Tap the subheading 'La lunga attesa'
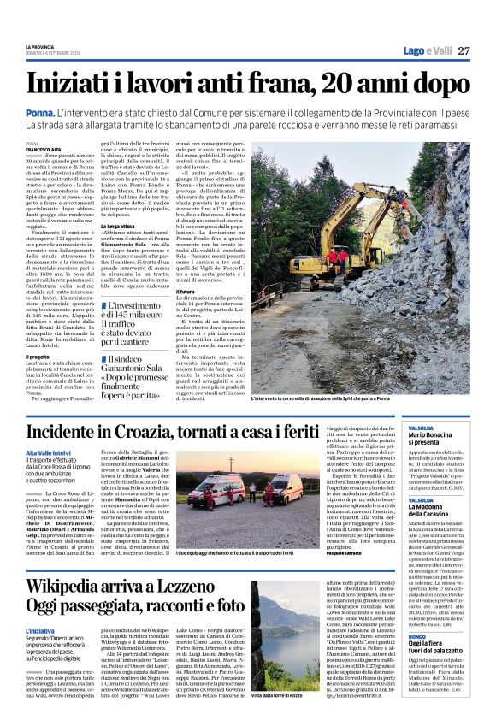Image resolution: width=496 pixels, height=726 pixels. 119,226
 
